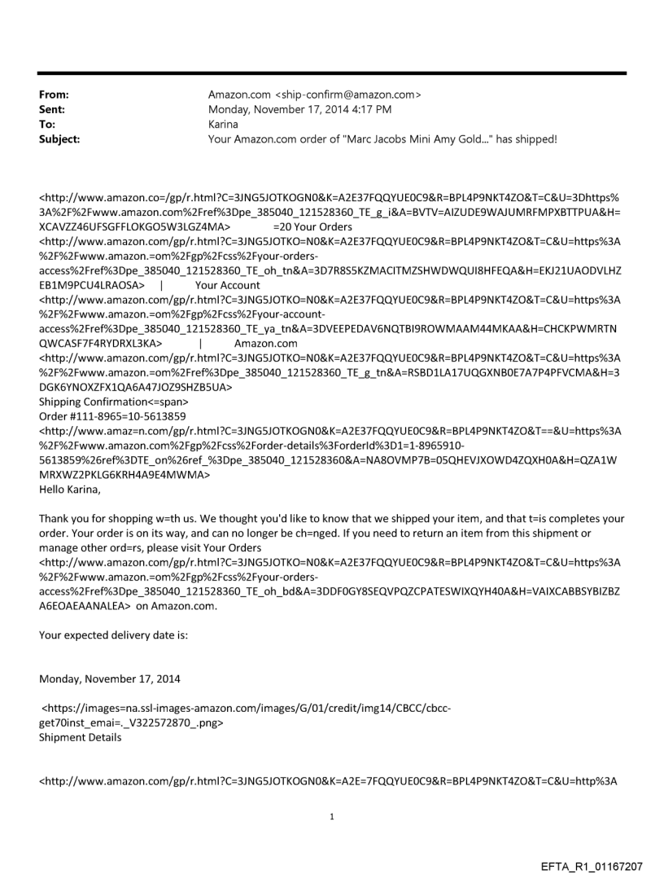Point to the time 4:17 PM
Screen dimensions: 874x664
click(x=368, y=109)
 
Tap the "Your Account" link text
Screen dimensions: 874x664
click(x=228, y=285)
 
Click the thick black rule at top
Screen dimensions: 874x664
click(x=332, y=73)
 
